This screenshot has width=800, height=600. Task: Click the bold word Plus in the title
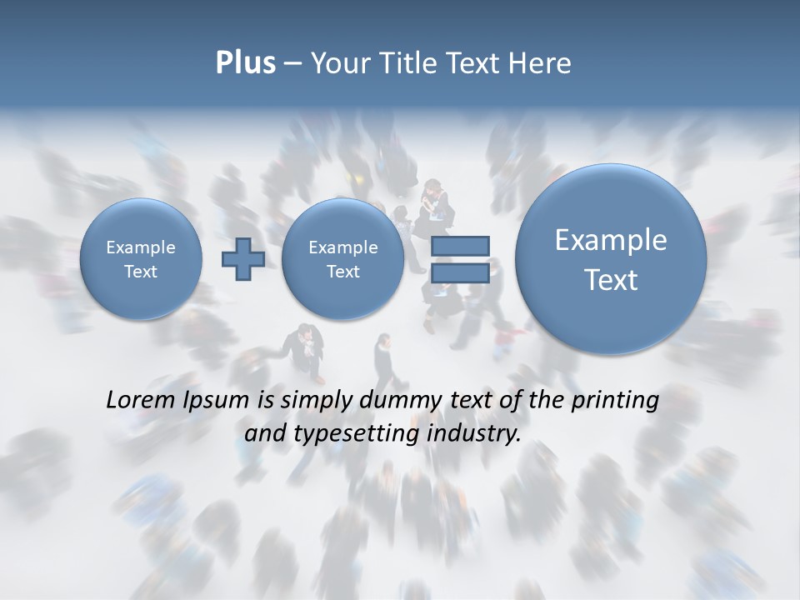tap(245, 63)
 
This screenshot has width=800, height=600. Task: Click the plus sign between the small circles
tap(243, 259)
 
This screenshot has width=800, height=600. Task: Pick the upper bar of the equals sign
tap(460, 247)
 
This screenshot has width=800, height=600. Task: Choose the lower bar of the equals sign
tap(460, 273)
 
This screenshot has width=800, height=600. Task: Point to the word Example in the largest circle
tap(611, 240)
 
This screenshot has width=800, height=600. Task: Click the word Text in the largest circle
tap(611, 280)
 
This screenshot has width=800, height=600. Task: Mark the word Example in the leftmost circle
tap(141, 247)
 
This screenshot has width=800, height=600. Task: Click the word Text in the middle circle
tap(342, 272)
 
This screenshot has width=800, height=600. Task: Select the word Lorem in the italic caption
tap(139, 400)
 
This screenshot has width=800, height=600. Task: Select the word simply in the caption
tap(316, 401)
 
